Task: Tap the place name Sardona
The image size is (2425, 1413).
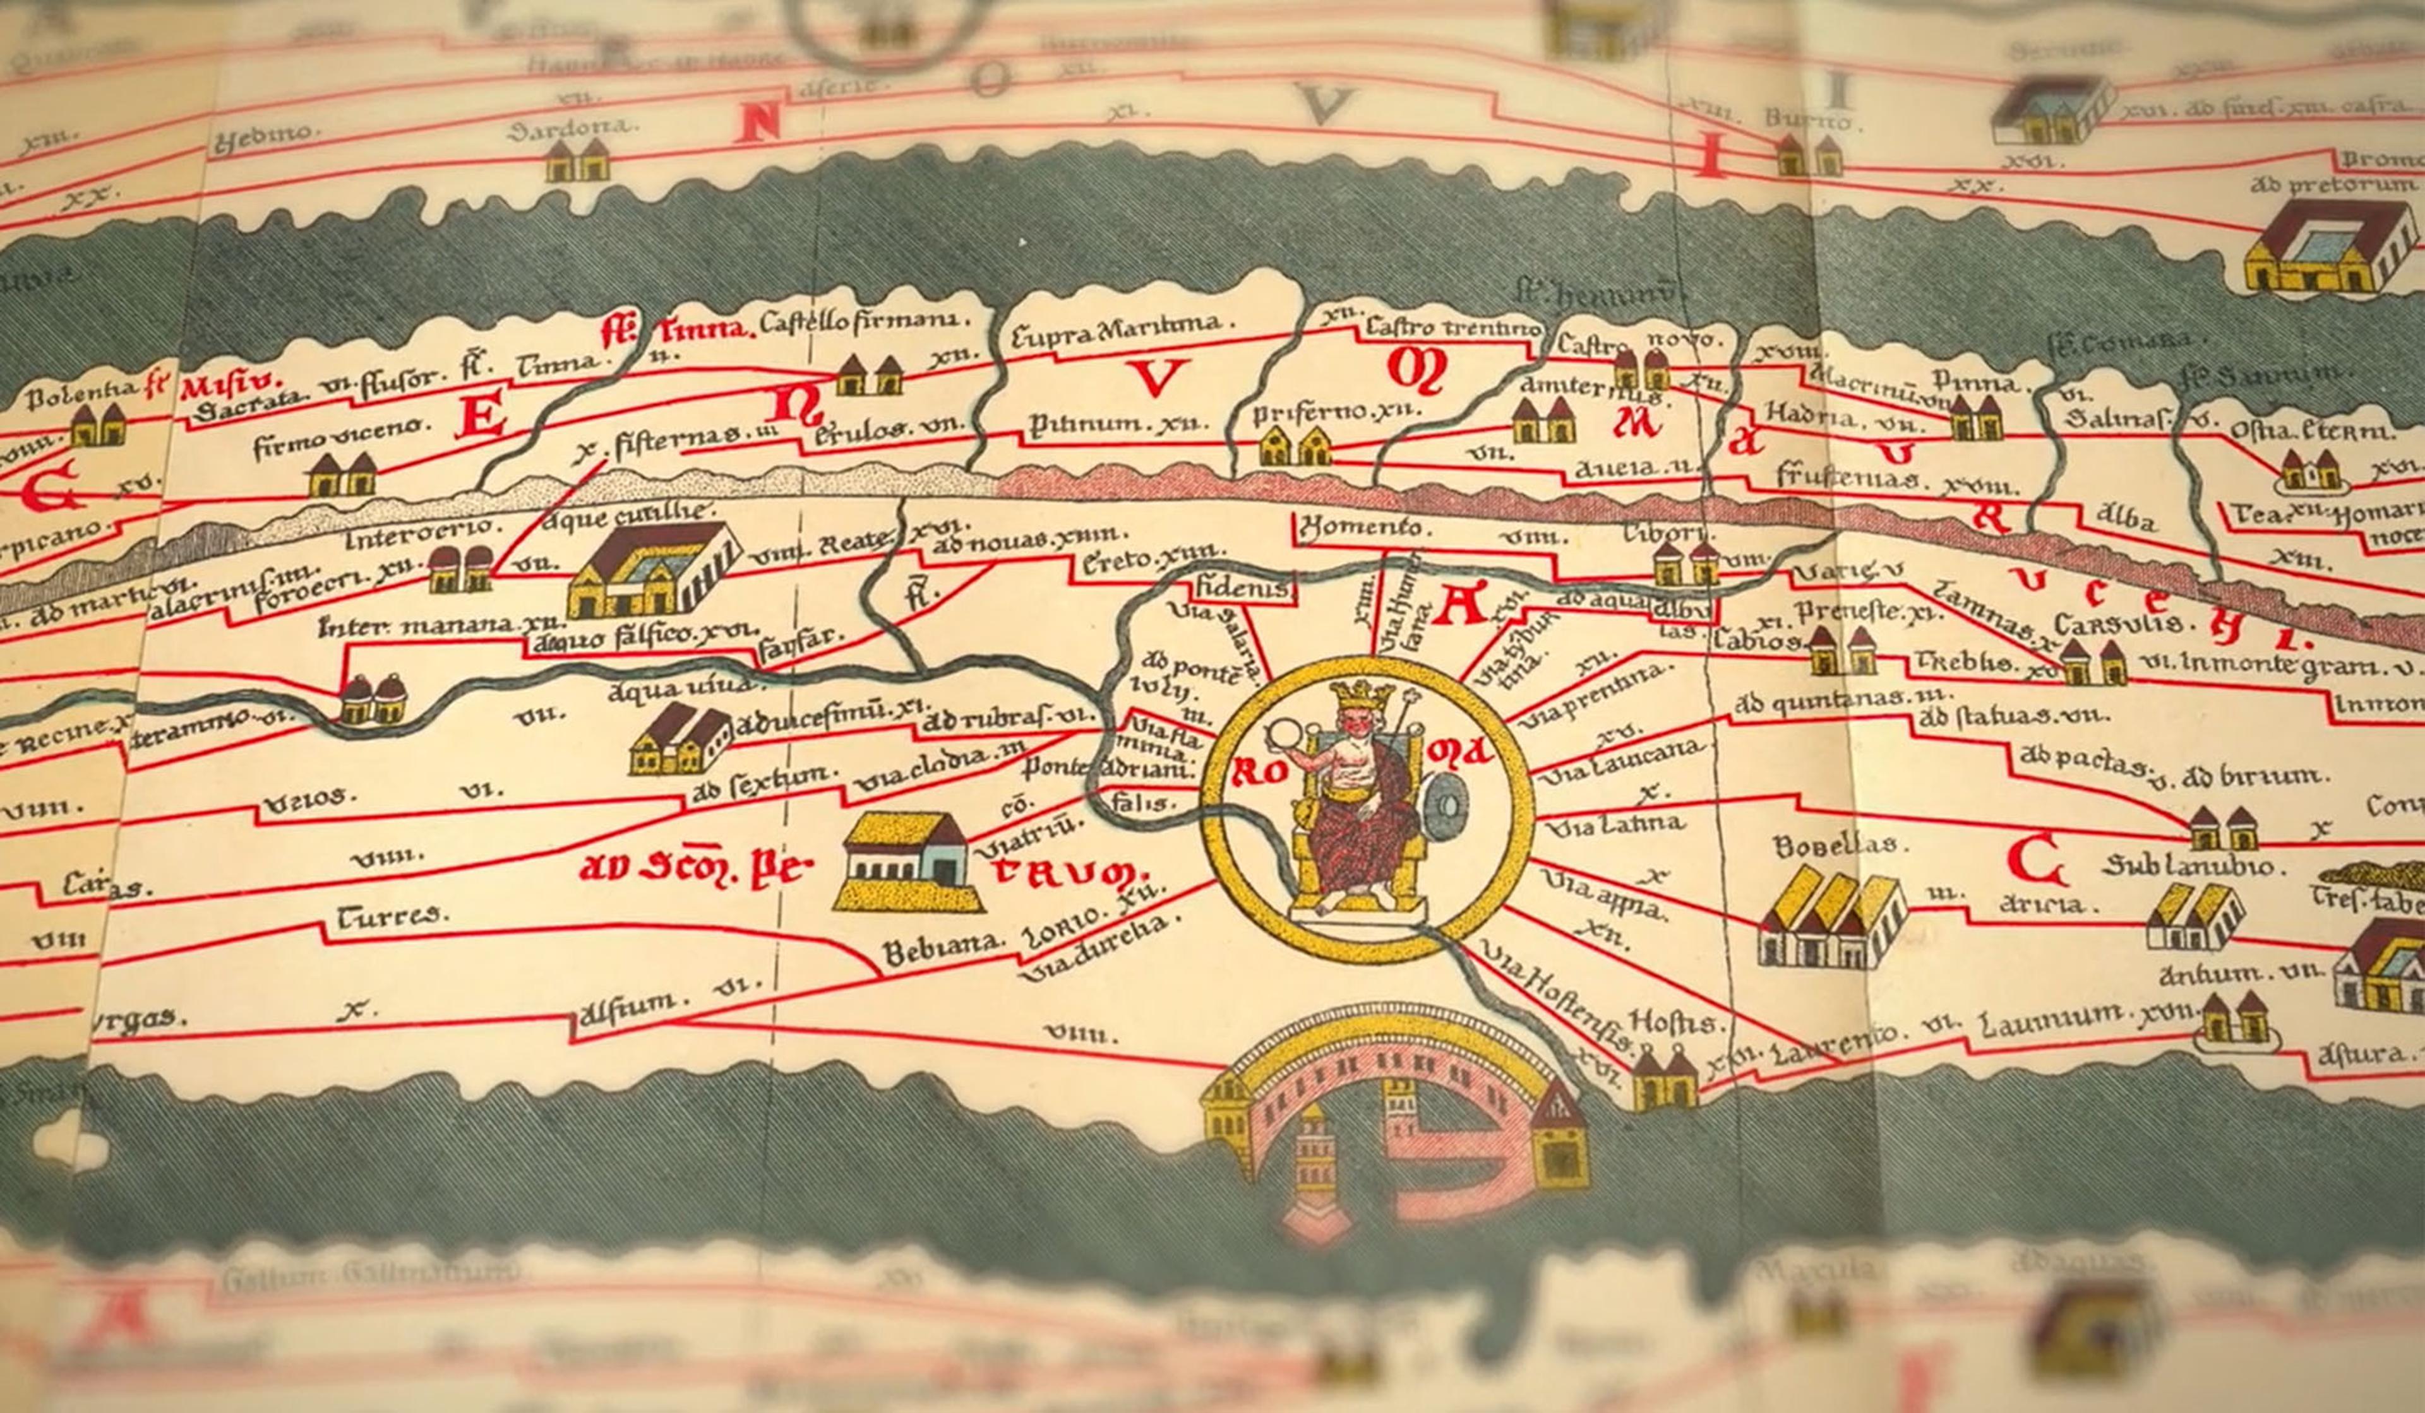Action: tap(573, 128)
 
